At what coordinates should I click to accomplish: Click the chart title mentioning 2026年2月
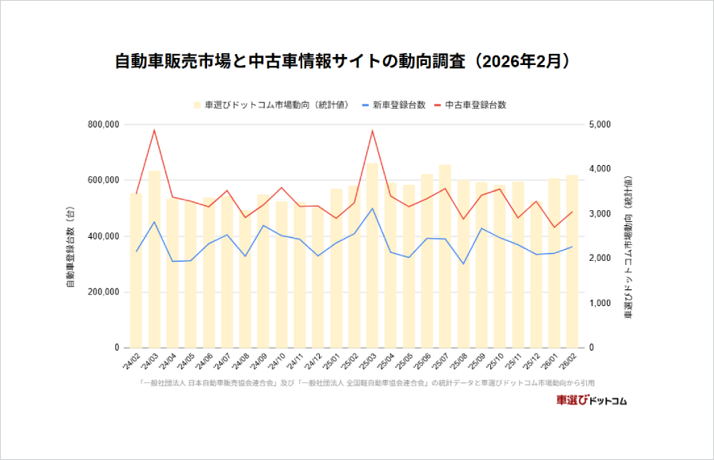(x=343, y=61)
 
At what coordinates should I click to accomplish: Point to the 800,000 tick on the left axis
(x=100, y=125)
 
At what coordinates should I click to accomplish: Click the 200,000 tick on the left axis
(x=100, y=292)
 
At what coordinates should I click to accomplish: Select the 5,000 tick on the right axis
(x=601, y=125)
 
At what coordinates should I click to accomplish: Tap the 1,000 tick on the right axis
(x=601, y=303)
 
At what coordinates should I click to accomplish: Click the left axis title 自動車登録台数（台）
(x=71, y=236)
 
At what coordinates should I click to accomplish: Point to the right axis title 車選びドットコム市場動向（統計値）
(x=628, y=236)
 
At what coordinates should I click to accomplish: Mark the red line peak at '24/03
(x=155, y=130)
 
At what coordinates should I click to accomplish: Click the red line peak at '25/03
(x=372, y=131)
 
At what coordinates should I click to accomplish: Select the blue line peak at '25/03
(x=372, y=209)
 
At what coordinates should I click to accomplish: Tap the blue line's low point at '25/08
(x=463, y=264)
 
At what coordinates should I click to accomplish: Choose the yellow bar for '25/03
(x=372, y=254)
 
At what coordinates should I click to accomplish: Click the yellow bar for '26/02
(x=572, y=262)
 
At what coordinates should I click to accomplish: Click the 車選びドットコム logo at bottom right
(x=591, y=401)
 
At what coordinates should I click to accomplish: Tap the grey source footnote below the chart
(x=366, y=382)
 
